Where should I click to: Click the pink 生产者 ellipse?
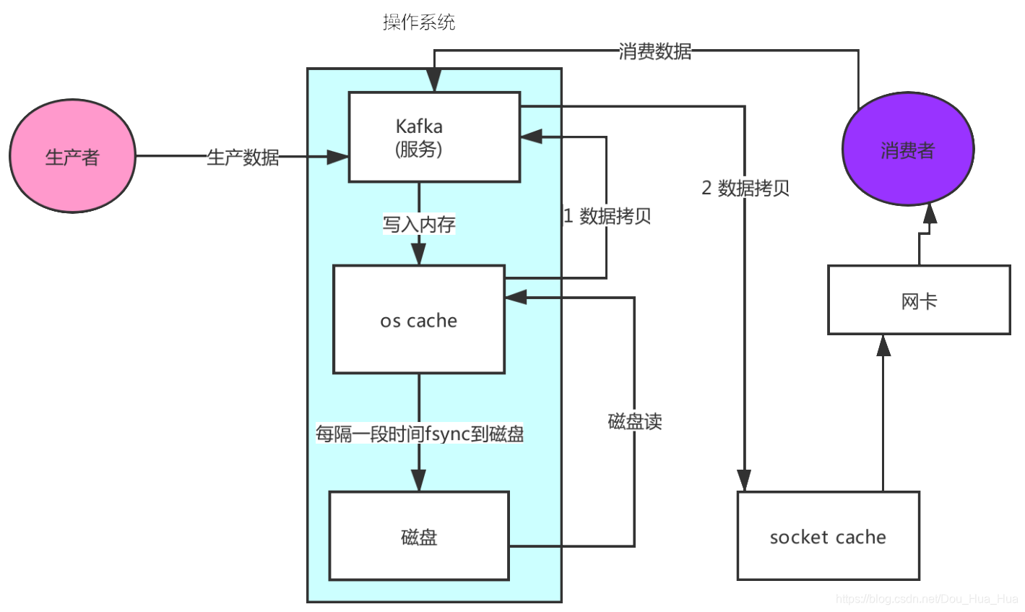coord(72,156)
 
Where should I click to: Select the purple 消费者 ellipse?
coord(908,149)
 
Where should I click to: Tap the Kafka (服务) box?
coord(434,137)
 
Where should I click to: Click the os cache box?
coord(419,319)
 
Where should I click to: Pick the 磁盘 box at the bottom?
coord(419,536)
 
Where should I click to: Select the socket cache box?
coord(828,536)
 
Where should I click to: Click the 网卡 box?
coord(919,300)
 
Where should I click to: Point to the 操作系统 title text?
coord(419,22)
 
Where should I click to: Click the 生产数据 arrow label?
coord(243,157)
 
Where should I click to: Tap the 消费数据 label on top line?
coord(654,51)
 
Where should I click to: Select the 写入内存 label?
coord(419,224)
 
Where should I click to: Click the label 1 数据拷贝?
coord(607,215)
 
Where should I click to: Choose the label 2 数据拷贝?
coord(745,188)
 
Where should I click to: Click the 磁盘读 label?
coord(635,421)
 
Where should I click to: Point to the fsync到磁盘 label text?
coord(419,434)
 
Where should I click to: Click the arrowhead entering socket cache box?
coord(744,480)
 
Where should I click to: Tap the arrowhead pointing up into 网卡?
coord(883,346)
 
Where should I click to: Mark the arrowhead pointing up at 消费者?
coord(930,214)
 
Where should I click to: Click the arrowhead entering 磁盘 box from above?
coord(419,480)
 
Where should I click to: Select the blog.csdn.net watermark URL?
coord(926,598)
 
